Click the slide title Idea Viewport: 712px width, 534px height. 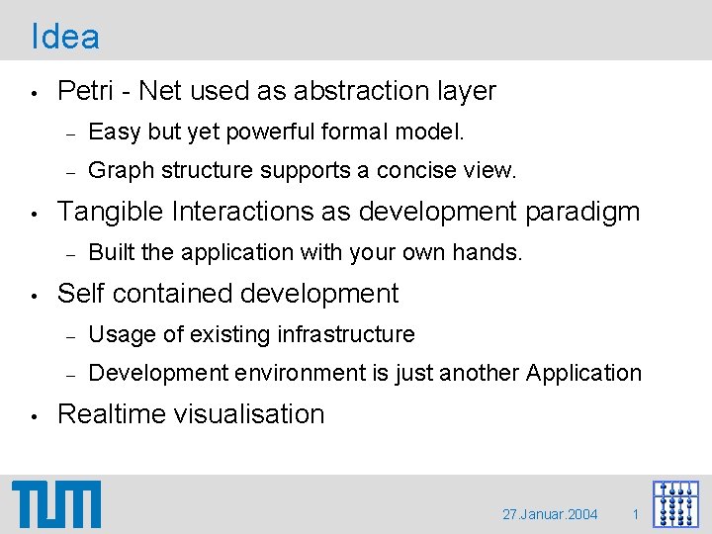65,37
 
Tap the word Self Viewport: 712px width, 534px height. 81,294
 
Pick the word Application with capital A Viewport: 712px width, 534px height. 583,374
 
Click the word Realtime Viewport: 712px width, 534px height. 113,414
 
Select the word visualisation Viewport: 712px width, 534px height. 249,414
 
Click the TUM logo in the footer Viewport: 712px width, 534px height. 56,504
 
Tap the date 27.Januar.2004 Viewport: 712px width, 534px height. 550,515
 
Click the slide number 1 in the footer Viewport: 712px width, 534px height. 636,515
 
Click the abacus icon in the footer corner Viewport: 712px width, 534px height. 675,504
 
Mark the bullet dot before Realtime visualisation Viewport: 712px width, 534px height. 35,415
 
